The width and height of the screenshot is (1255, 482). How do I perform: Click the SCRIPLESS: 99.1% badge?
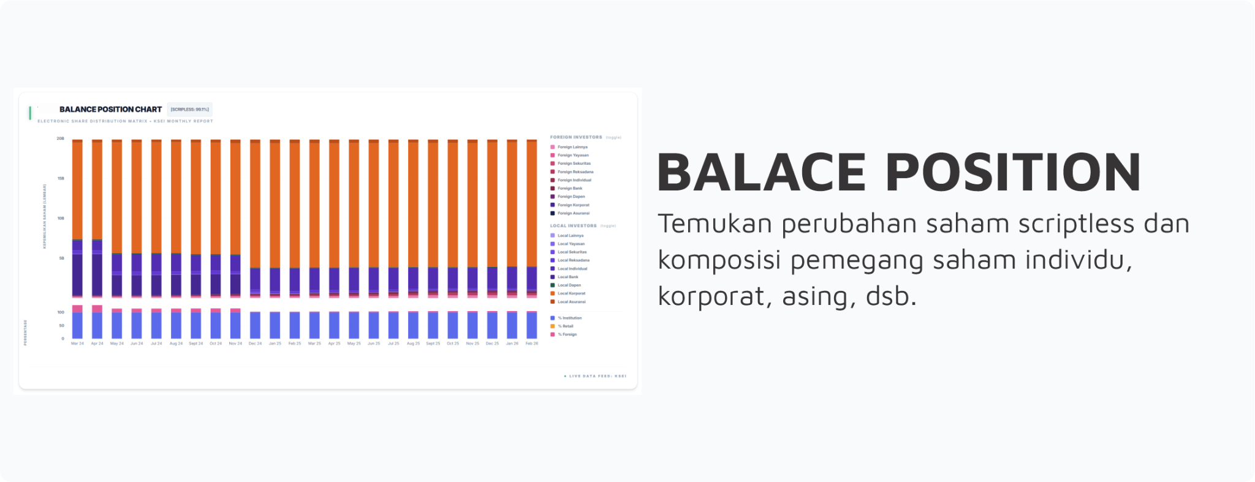point(189,110)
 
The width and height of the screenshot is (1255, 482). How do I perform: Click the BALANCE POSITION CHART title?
point(110,110)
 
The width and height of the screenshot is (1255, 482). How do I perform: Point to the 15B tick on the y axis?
point(61,178)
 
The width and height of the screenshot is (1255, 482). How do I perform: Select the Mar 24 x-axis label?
point(77,344)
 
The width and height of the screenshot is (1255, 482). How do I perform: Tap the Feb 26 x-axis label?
point(532,344)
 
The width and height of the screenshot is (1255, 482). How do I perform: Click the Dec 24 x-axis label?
point(255,344)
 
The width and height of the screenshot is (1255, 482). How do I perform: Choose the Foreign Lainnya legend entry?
point(572,147)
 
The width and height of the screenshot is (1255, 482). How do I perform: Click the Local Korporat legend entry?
point(571,293)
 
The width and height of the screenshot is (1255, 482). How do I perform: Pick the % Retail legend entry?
point(565,326)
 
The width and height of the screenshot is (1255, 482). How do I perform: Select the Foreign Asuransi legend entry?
point(573,213)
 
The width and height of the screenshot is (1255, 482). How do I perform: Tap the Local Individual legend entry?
point(572,269)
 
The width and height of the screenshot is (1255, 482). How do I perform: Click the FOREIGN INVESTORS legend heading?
point(576,137)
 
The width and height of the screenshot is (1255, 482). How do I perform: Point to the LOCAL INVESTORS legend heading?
point(573,226)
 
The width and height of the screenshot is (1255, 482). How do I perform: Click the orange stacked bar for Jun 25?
point(374,202)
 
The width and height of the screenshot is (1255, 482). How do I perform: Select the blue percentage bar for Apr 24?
point(97,325)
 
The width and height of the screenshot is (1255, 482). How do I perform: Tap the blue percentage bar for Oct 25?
point(453,325)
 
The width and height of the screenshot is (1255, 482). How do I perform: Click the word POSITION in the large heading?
point(1012,173)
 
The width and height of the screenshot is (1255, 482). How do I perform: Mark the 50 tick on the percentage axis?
point(61,326)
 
